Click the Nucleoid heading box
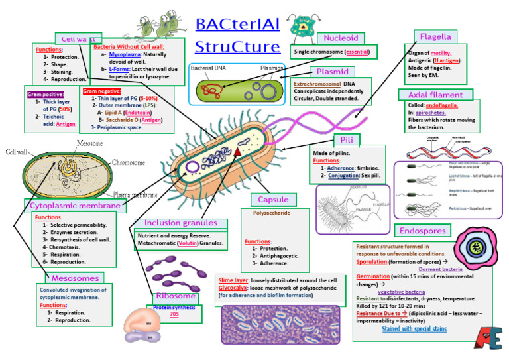tap(341, 38)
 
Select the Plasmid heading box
tap(332, 72)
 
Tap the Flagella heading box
tap(435, 37)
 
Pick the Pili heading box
tap(347, 140)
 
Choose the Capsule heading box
tap(273, 200)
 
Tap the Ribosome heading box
tap(176, 296)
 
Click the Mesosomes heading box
tap(75, 278)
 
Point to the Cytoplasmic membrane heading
tap(75, 206)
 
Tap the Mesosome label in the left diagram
tap(89, 143)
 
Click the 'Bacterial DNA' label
tap(210, 68)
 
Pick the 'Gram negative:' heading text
tap(101, 91)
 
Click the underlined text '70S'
tap(174, 314)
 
